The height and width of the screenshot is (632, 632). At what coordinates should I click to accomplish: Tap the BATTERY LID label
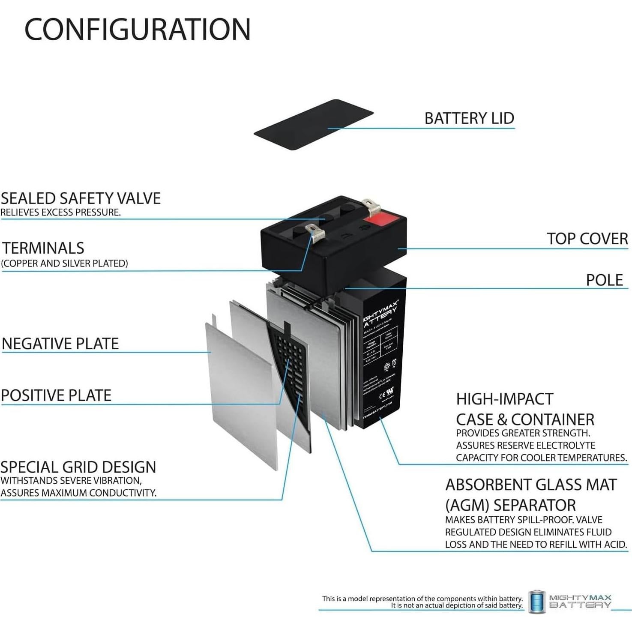[x=469, y=118]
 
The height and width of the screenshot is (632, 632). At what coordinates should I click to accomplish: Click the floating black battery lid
[x=313, y=125]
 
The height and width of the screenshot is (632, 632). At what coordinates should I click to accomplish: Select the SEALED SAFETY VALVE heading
[x=81, y=198]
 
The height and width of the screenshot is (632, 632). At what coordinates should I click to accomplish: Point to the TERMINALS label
[x=43, y=248]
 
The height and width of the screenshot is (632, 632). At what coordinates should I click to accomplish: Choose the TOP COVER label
[x=587, y=239]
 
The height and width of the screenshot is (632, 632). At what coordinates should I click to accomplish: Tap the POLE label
[x=604, y=280]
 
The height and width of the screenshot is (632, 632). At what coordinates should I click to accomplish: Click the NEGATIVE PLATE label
[x=60, y=344]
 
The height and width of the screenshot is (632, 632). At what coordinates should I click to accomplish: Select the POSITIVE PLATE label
[x=56, y=395]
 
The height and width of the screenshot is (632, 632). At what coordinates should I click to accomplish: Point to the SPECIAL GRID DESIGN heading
[x=78, y=467]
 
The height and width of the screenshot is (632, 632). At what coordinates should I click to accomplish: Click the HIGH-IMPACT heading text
[x=504, y=399]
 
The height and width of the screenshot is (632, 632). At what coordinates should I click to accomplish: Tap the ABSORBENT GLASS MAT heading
[x=531, y=485]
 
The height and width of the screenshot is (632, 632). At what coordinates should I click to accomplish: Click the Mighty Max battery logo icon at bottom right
[x=537, y=602]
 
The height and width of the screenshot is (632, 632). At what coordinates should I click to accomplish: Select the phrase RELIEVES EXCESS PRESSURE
[x=60, y=213]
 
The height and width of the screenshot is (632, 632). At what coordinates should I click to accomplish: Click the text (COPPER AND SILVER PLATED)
[x=65, y=264]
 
